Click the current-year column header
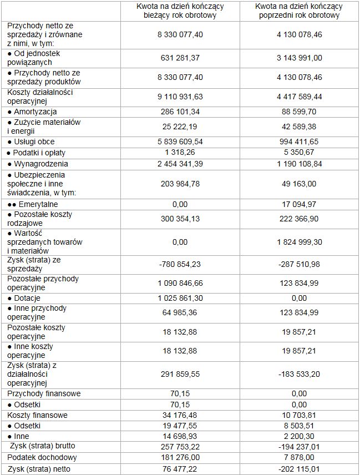pyautogui.click(x=180, y=11)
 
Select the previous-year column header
pyautogui.click(x=299, y=11)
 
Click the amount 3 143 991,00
pyautogui.click(x=299, y=58)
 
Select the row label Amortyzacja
pyautogui.click(x=33, y=112)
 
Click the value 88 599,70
pyautogui.click(x=299, y=112)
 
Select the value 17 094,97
pyautogui.click(x=299, y=204)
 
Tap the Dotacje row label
pyautogui.click(x=27, y=298)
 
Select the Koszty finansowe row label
pyautogui.click(x=37, y=415)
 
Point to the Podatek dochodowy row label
pyautogui.click(x=42, y=458)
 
